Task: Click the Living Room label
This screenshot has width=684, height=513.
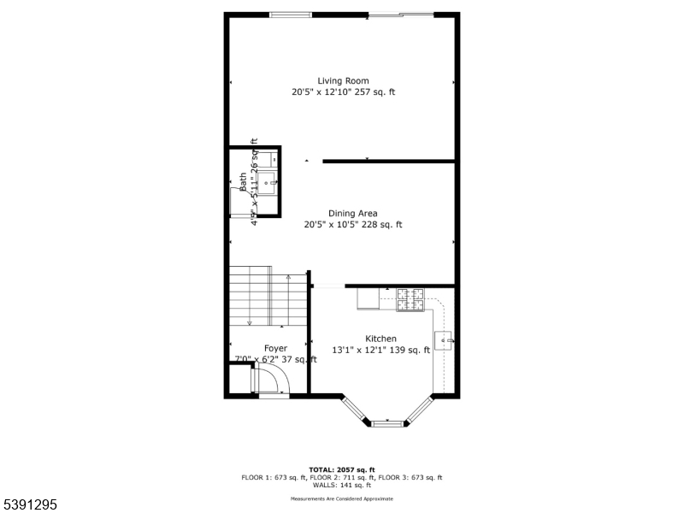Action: [343, 81]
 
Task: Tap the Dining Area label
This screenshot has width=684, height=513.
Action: [352, 214]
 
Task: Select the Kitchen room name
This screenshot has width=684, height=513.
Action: [380, 339]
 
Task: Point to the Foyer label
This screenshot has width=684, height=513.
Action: [275, 348]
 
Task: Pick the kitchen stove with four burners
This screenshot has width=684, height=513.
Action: [410, 299]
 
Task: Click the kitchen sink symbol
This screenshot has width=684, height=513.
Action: [445, 340]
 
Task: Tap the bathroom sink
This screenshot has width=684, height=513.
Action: [268, 180]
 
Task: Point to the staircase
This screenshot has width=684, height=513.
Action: [267, 296]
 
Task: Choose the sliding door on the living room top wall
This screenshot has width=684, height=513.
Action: [399, 15]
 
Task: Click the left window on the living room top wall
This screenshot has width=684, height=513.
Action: [291, 15]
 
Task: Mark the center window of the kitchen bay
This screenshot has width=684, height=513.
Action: [387, 422]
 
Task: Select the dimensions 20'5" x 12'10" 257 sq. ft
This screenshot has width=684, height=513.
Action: [343, 92]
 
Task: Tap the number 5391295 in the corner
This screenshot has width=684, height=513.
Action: [30, 505]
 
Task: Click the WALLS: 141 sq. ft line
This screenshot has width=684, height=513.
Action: [342, 485]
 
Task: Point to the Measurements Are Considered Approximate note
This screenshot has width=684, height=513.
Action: [342, 498]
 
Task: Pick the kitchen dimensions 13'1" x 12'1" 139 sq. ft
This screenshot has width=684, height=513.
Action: [380, 350]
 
